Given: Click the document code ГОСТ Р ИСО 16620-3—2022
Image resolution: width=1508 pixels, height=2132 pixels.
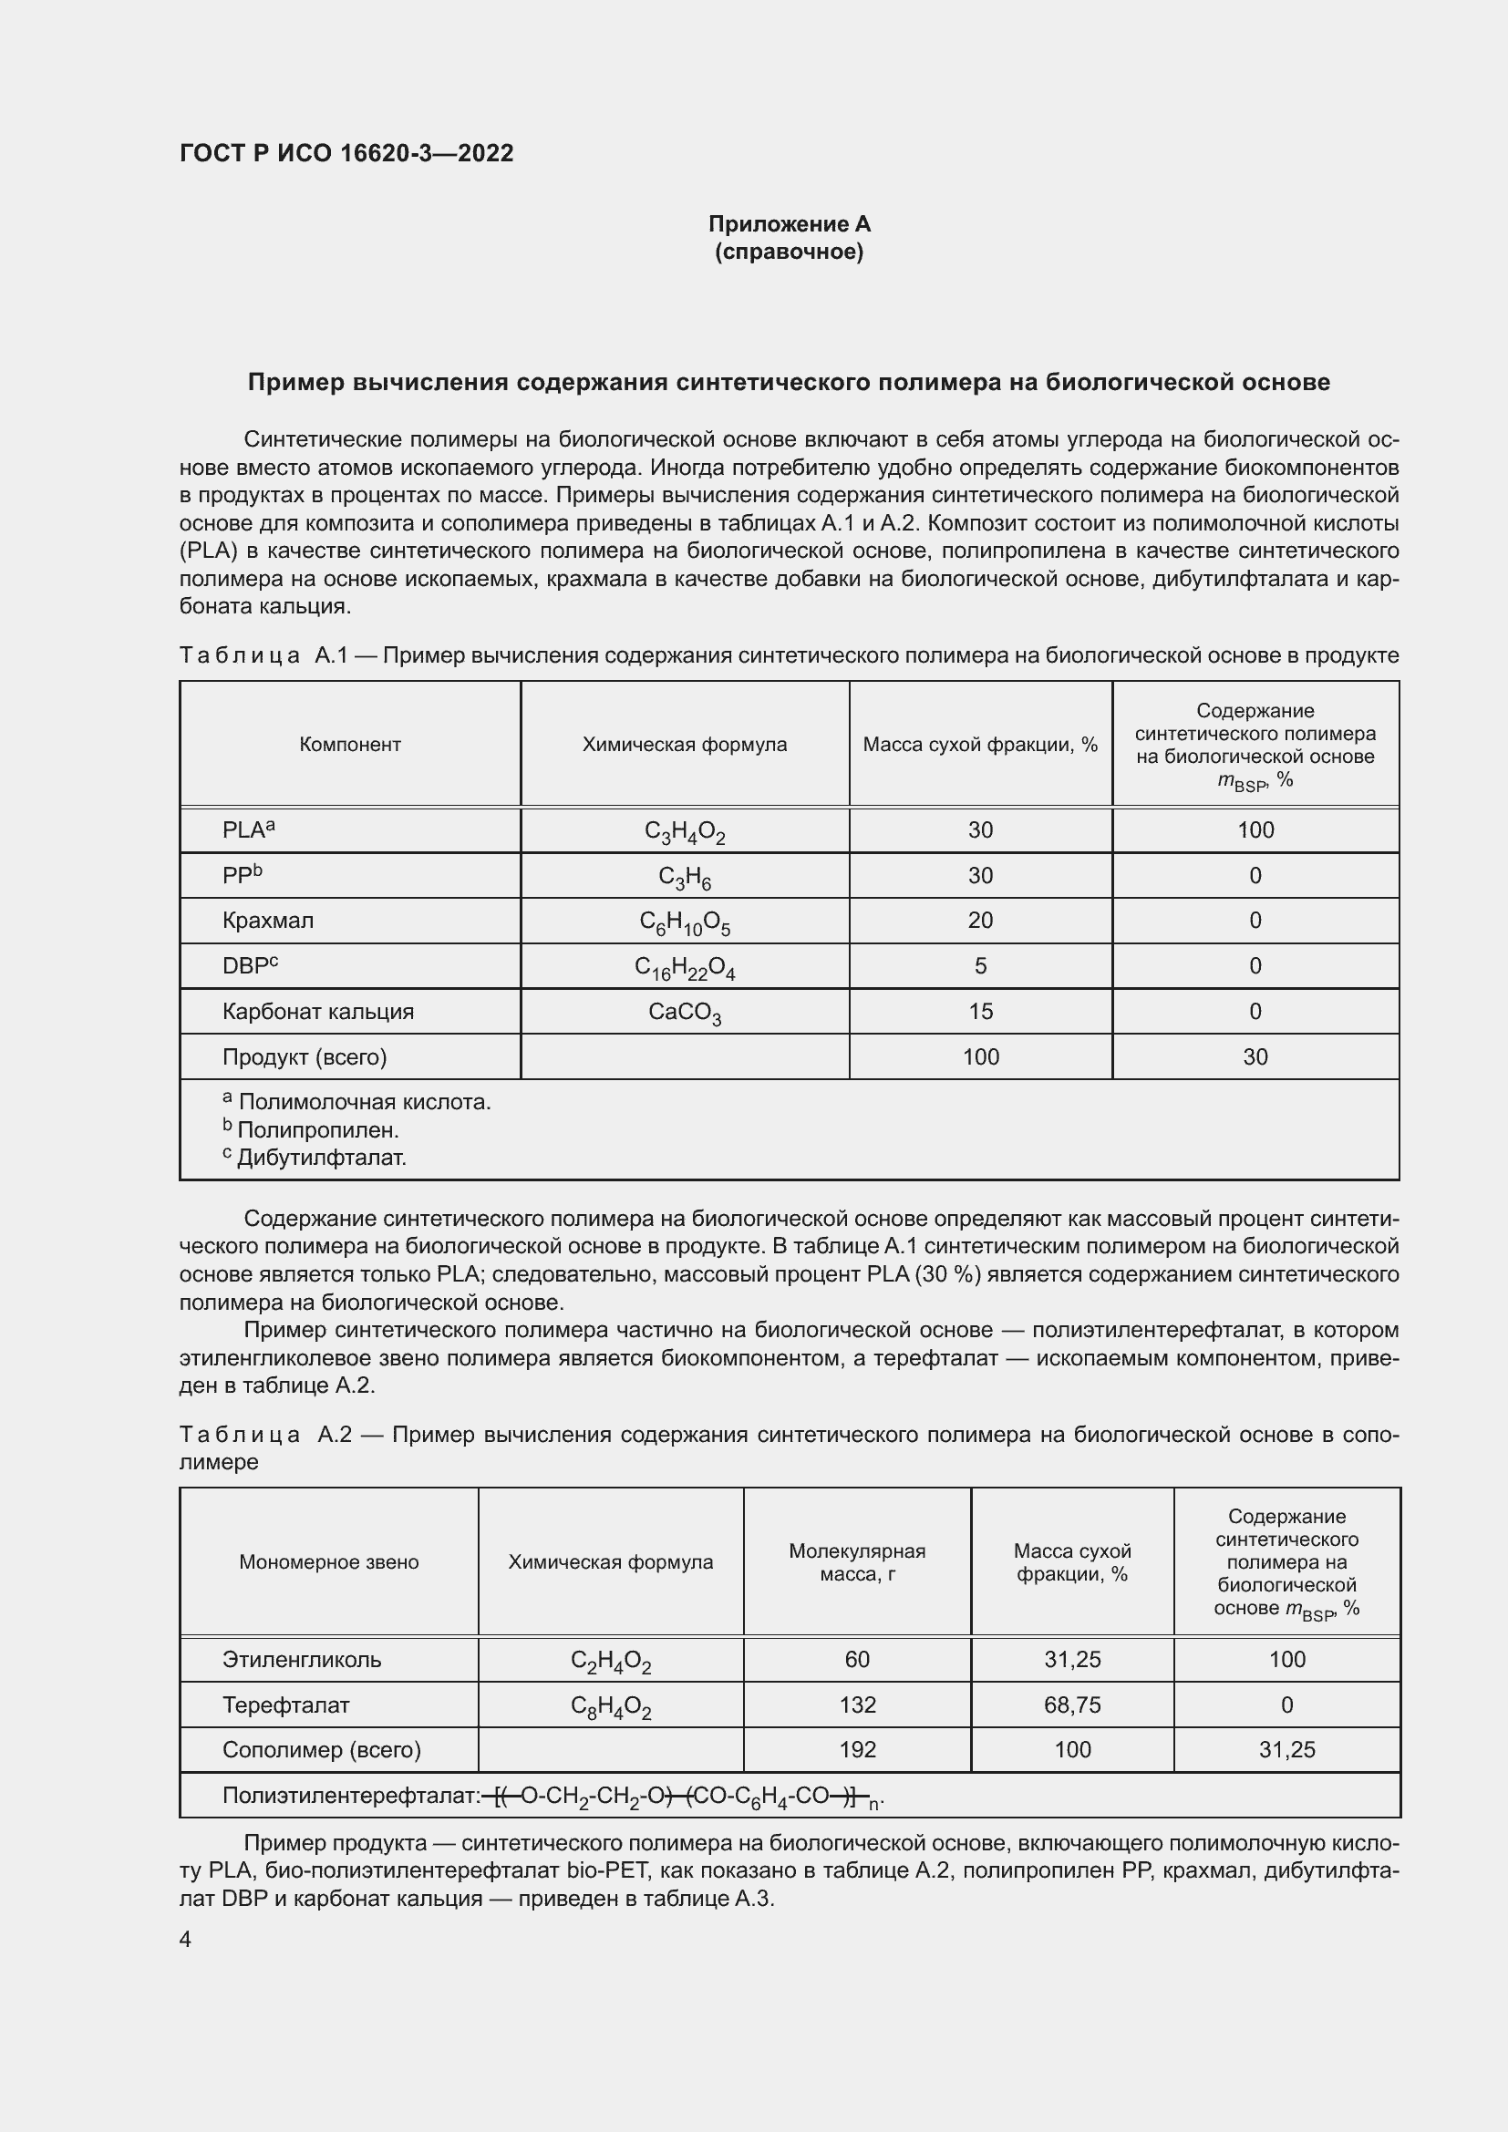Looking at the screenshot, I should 346,153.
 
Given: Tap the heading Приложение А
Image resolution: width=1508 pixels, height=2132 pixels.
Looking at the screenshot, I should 790,224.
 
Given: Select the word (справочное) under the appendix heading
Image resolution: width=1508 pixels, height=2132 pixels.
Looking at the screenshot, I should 790,252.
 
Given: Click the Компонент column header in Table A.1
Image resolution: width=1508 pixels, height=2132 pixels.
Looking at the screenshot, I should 350,744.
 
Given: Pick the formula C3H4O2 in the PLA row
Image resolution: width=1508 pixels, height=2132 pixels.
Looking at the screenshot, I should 685,832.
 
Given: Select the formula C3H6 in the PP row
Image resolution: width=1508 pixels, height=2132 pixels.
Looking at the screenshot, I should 685,877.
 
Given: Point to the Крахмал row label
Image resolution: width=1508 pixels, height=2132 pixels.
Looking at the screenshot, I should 267,921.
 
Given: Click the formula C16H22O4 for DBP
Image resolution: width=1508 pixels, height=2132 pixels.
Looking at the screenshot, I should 685,968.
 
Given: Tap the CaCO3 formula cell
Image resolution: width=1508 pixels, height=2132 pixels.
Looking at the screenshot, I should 685,1012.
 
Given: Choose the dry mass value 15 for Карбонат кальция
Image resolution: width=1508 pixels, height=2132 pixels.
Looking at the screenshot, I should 981,1011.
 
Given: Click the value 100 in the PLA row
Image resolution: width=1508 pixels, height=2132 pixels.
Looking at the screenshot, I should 1255,830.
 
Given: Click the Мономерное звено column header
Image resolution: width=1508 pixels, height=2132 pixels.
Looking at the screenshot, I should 329,1562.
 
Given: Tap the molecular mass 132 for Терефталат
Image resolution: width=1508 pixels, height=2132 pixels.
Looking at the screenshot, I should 857,1705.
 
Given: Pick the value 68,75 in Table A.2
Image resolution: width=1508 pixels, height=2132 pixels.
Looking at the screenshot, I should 1072,1705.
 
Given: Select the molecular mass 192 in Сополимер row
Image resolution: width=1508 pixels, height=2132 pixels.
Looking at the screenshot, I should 857,1749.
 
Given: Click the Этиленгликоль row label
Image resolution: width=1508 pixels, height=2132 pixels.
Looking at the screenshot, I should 302,1659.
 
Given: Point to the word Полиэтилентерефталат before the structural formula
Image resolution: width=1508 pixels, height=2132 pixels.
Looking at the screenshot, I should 350,1796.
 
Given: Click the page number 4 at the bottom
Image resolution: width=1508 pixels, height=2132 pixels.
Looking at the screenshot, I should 185,1939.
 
